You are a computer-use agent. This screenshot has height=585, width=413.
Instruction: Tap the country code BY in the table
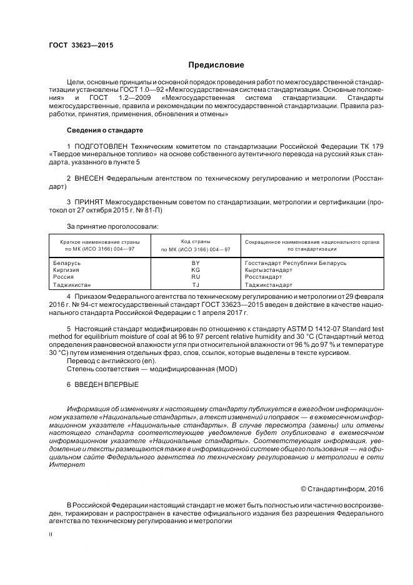click(196, 263)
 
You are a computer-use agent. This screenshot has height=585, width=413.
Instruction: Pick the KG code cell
click(196, 270)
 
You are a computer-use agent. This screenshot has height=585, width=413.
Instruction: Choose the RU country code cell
click(196, 277)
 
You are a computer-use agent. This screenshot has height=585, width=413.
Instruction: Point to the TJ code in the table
click(196, 284)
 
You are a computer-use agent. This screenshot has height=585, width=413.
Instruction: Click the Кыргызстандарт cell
click(269, 270)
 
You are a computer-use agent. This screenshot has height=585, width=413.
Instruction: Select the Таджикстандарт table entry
click(269, 284)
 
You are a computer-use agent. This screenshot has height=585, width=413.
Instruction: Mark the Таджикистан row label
click(73, 284)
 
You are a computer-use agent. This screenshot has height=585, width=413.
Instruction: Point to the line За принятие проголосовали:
click(112, 226)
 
